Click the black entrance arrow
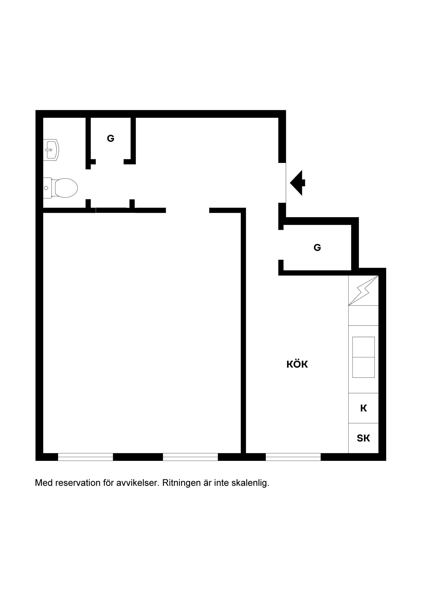pos(298,183)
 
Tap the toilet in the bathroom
pos(62,188)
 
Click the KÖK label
pos(297,365)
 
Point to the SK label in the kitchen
pos(363,438)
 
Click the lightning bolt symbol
pos(363,290)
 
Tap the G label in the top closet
pos(111,139)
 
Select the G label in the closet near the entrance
pos(317,248)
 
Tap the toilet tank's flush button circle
pos(46,188)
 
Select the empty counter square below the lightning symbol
pos(363,315)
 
